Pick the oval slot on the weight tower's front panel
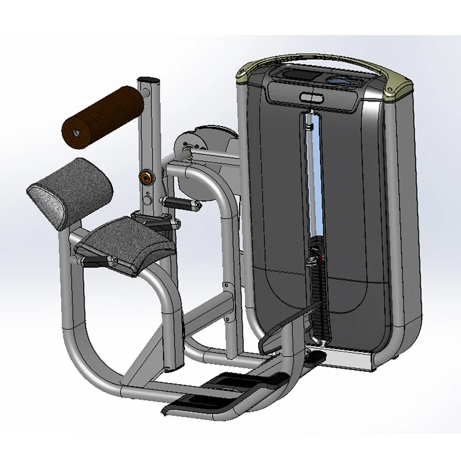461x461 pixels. (311, 97)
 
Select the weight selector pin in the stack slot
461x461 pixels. (312, 260)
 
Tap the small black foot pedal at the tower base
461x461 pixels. (314, 357)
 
